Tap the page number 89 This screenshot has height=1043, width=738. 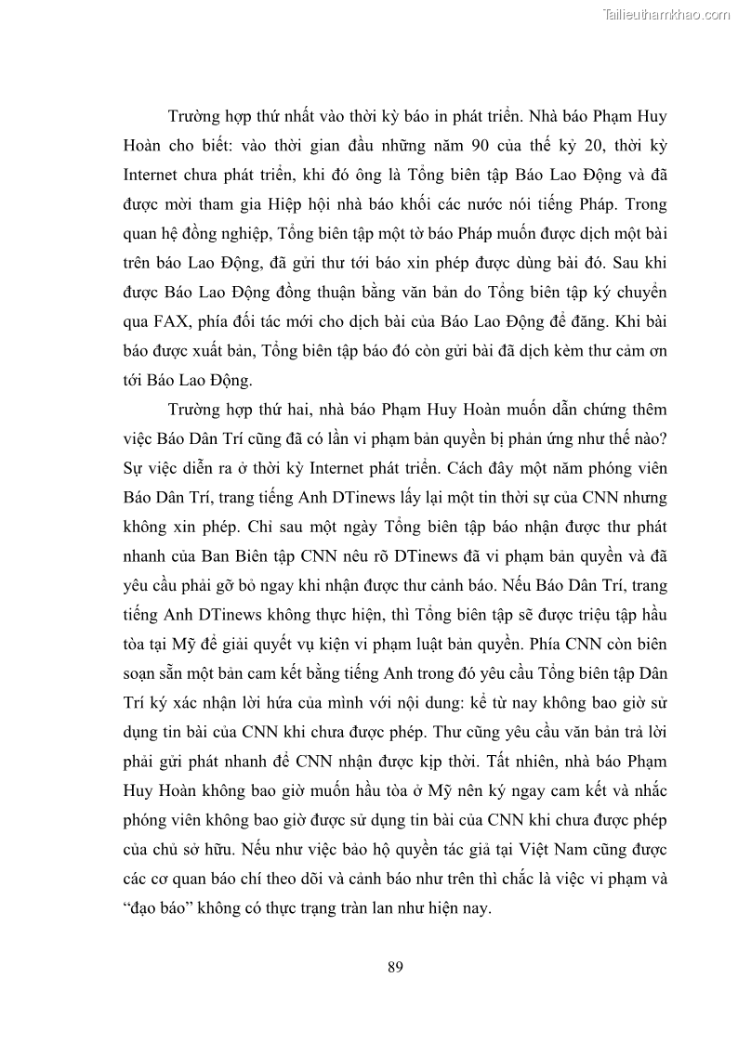395,967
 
